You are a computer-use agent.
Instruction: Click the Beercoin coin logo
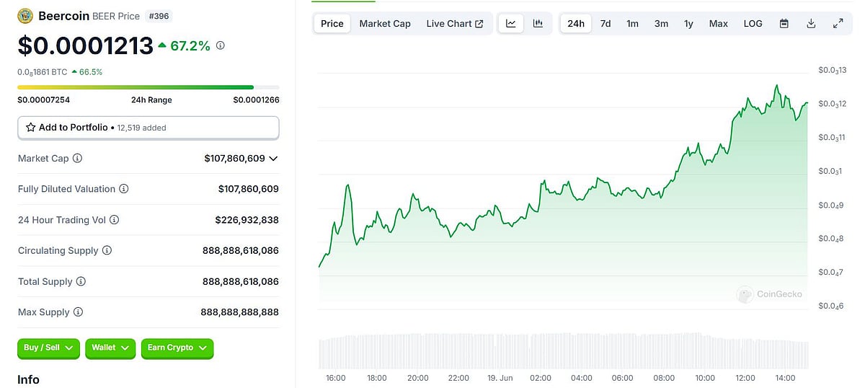(25, 16)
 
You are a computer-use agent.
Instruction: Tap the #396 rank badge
(158, 16)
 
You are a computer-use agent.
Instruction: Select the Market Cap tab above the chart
(385, 24)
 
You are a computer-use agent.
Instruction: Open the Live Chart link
(454, 24)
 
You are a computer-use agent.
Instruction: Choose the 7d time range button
(605, 24)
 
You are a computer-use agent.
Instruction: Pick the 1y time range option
(688, 24)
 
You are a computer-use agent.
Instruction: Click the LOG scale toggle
(753, 24)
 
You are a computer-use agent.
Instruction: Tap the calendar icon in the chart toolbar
(784, 24)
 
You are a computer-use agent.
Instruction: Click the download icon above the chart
(811, 24)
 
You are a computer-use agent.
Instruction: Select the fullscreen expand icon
(838, 24)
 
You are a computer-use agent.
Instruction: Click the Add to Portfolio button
(148, 128)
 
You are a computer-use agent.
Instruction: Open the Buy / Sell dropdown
(48, 348)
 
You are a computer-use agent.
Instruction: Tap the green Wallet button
(110, 348)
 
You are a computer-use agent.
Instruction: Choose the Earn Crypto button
(177, 348)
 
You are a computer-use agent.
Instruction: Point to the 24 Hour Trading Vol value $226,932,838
(247, 220)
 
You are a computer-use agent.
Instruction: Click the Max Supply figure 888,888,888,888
(239, 312)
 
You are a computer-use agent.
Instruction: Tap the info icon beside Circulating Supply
(107, 251)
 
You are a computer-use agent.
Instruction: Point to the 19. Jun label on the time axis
(500, 378)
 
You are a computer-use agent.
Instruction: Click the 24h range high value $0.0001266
(256, 100)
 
